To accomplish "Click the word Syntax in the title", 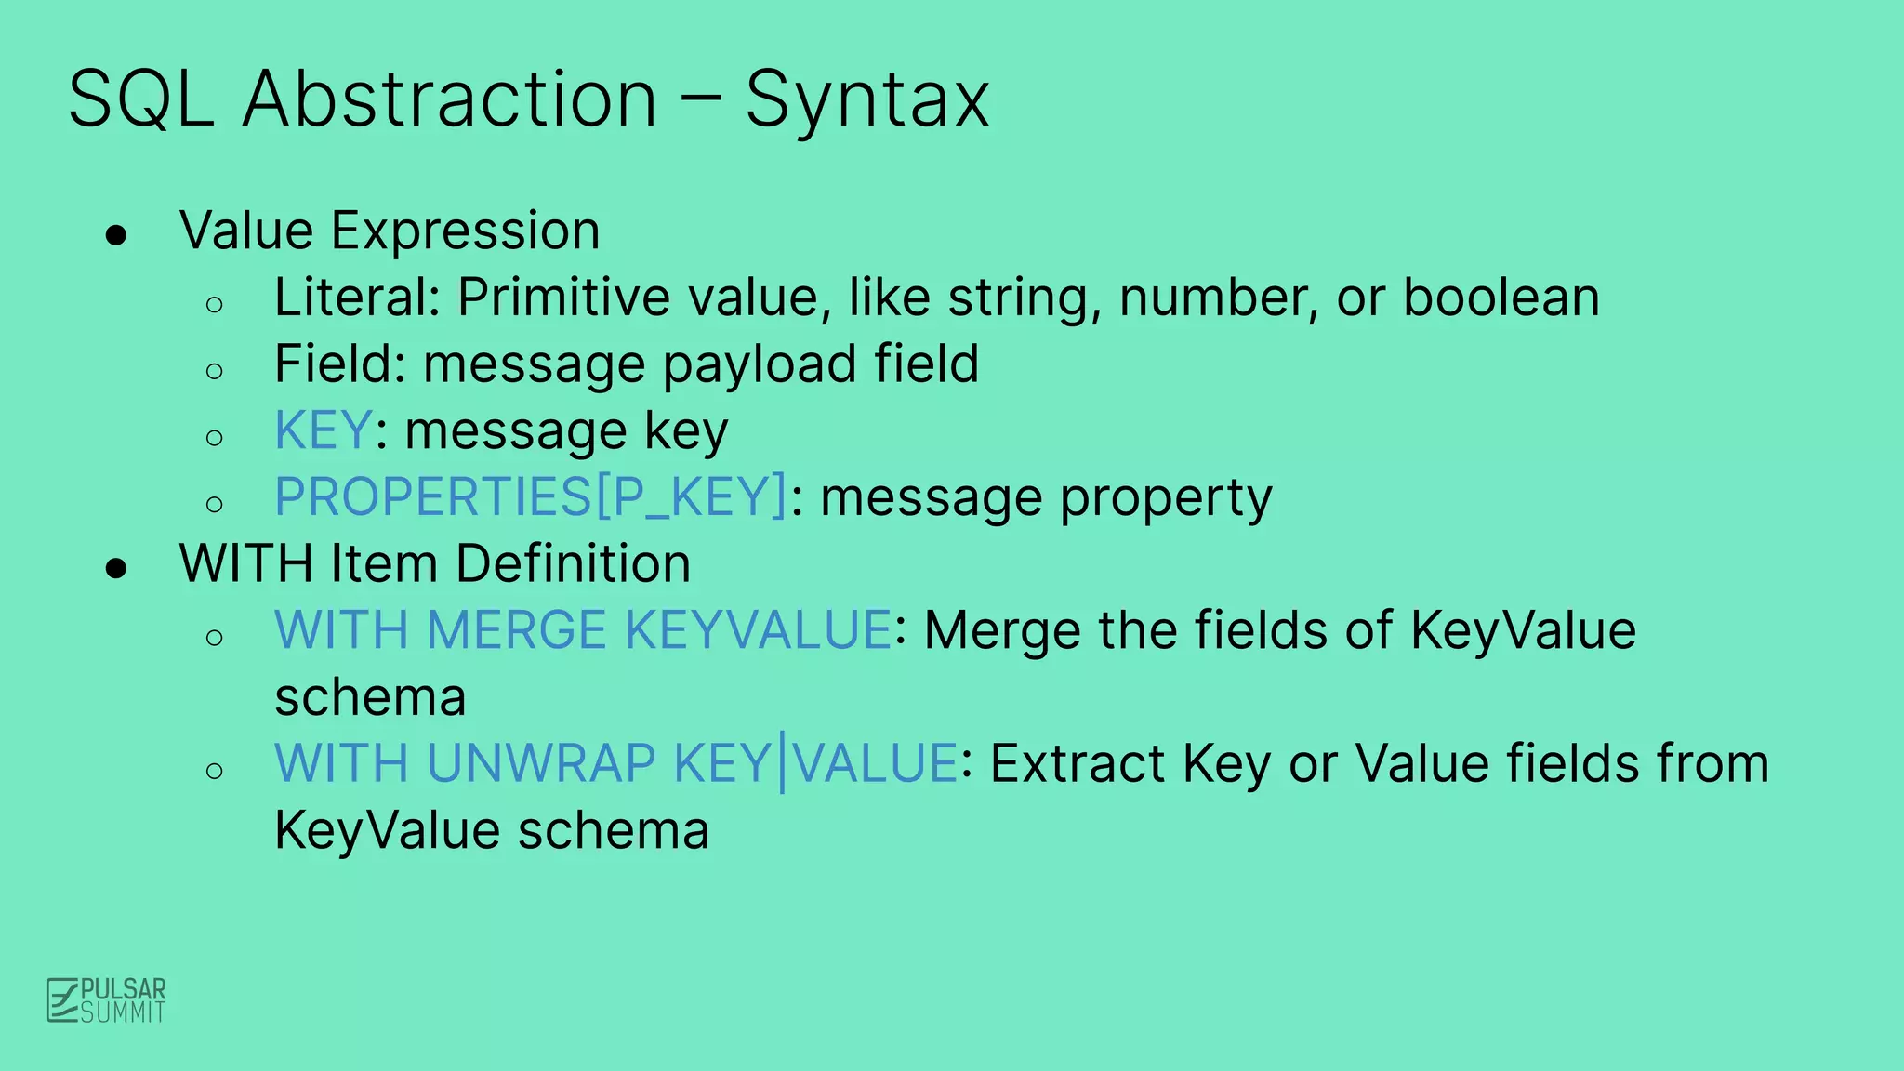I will pos(866,100).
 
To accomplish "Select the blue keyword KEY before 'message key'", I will pos(324,430).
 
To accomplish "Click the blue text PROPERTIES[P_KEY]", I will pos(531,496).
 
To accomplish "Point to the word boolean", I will pos(1501,297).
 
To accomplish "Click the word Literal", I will pos(356,297).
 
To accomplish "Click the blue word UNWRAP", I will pos(541,763).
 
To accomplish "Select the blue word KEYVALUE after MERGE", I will pos(759,630).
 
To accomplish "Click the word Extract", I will pos(1078,763).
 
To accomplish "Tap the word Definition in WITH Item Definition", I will pos(573,563).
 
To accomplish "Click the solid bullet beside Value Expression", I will pos(116,235).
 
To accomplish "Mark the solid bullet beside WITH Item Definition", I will pos(116,568).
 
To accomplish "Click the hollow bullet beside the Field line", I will pos(215,371).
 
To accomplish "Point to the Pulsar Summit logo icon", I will pos(63,1000).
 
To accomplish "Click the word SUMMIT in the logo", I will pos(123,1012).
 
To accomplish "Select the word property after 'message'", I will pos(1166,498).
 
